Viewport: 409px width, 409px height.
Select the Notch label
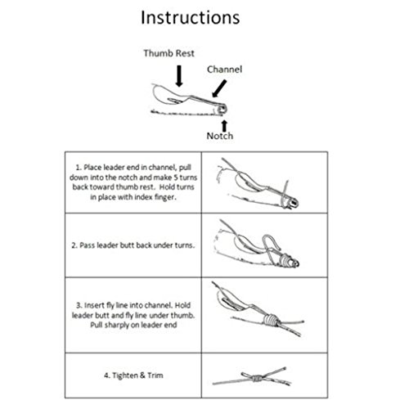[x=223, y=136]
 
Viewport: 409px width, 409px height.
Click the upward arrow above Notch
[x=223, y=119]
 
